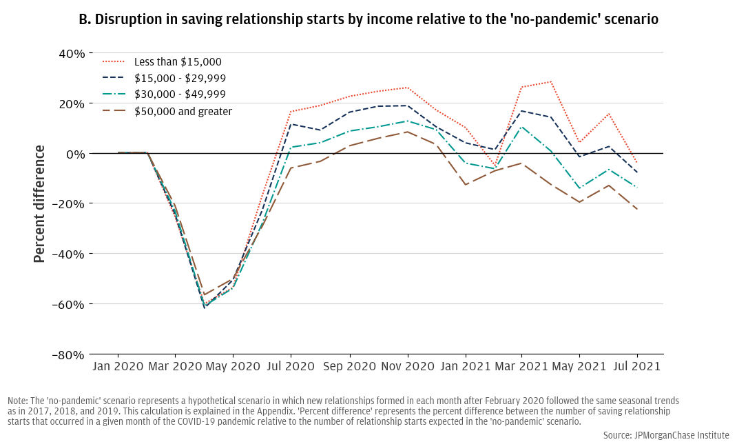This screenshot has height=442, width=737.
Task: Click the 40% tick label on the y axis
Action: [71, 53]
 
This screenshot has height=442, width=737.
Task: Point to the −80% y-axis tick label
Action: [68, 354]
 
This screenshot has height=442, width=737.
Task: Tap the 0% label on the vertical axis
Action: [75, 154]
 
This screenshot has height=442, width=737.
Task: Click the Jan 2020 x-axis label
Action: [117, 367]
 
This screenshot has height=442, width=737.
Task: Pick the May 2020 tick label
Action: [232, 367]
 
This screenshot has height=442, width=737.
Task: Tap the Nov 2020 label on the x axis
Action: [407, 367]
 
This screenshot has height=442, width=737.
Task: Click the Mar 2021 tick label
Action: [521, 367]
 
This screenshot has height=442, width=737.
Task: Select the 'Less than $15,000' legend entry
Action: [178, 62]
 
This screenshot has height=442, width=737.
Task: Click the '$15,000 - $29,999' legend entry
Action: [180, 79]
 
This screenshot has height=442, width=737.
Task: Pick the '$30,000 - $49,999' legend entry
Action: [180, 94]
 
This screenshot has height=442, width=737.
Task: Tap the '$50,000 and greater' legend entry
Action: [183, 111]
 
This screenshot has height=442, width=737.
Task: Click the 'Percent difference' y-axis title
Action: [39, 203]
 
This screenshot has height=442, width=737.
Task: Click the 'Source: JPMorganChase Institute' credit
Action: [666, 435]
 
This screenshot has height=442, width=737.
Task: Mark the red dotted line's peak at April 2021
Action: [550, 81]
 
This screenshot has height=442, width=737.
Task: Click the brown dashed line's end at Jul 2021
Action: [637, 210]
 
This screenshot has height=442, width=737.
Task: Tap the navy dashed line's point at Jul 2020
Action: [291, 124]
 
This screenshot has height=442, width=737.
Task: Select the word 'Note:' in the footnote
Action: [19, 401]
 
